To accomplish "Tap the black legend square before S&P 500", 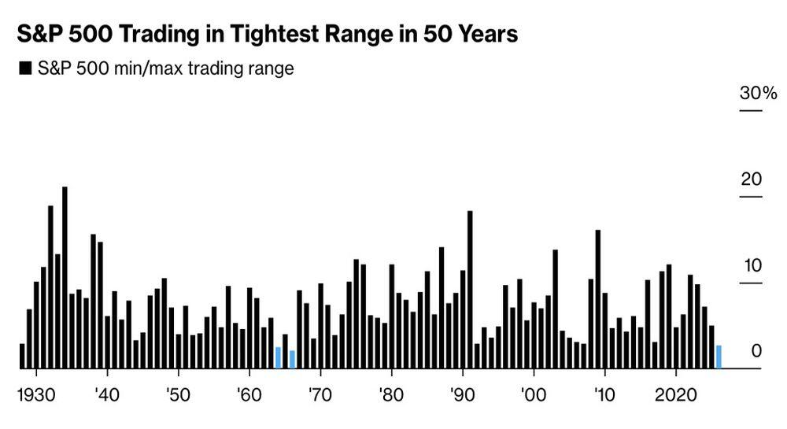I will pyautogui.click(x=24, y=68).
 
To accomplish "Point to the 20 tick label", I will pyautogui.click(x=751, y=179).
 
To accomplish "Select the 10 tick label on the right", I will pyautogui.click(x=751, y=264).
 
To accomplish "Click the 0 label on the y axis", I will pyautogui.click(x=756, y=350).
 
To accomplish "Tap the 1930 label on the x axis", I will pyautogui.click(x=35, y=393).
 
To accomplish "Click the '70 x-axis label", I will pyautogui.click(x=320, y=393).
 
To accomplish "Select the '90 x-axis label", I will pyautogui.click(x=462, y=393).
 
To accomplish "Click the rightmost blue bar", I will pyautogui.click(x=719, y=357).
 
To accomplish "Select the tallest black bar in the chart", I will pyautogui.click(x=65, y=277).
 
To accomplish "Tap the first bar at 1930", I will pyautogui.click(x=22, y=356).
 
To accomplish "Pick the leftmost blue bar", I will pyautogui.click(x=278, y=357).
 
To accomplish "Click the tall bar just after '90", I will pyautogui.click(x=470, y=290).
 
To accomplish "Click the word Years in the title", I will pyautogui.click(x=487, y=35).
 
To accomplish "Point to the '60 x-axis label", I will pyautogui.click(x=249, y=393).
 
